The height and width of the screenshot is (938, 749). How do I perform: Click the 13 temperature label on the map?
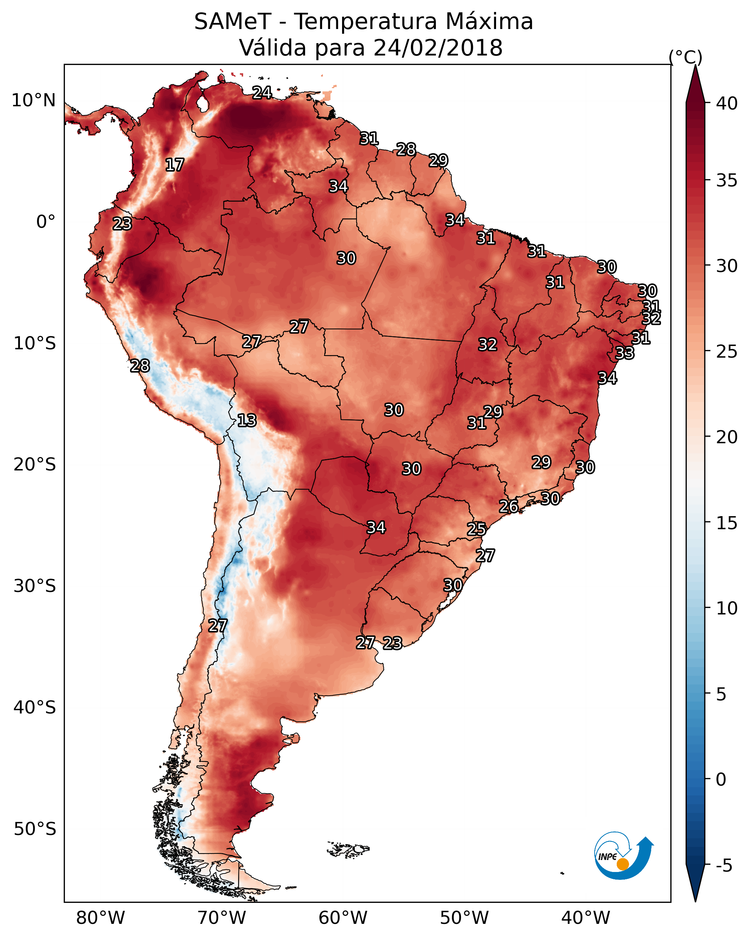pos(247,421)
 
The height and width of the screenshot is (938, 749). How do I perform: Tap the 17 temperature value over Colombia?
pos(175,165)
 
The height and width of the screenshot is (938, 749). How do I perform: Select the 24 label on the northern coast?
pos(262,92)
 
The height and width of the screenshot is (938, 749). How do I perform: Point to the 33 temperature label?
pos(625,353)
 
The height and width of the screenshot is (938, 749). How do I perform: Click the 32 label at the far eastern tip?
pos(651,318)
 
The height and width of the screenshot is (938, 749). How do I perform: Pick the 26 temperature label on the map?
pos(508,506)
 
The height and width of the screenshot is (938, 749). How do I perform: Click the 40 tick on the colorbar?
pos(727,103)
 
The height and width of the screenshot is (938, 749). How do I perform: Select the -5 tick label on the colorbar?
pos(724,865)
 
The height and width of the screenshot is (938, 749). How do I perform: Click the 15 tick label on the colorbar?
pos(727,523)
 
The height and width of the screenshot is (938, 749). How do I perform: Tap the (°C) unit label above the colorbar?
pos(686,57)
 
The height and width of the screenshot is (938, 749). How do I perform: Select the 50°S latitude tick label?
pos(35,829)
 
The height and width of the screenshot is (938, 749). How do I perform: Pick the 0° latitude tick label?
pos(46,222)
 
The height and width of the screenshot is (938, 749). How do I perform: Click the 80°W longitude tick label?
pos(100,918)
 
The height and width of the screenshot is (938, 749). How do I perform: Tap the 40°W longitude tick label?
pos(586,918)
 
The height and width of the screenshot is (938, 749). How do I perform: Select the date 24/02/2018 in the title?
pos(438,48)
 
